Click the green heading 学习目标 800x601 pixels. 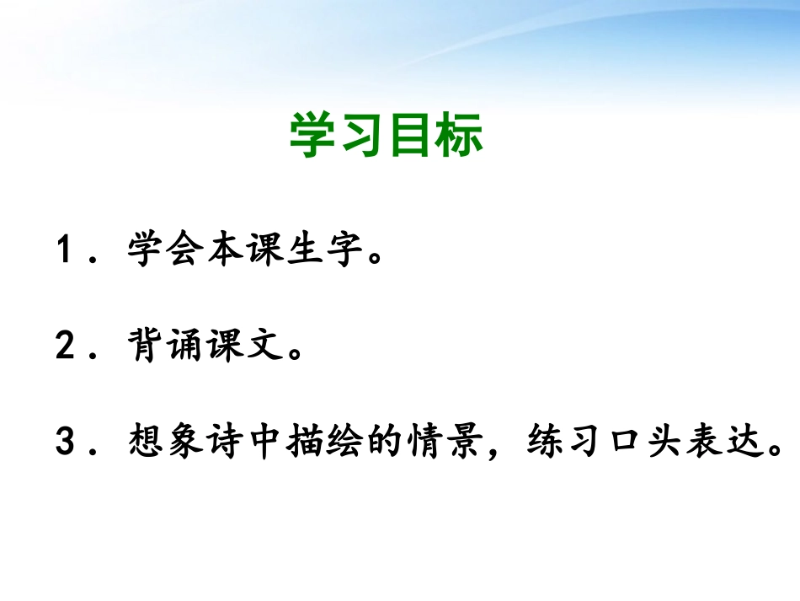tap(387, 135)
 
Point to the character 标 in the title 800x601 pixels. tap(460, 135)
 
